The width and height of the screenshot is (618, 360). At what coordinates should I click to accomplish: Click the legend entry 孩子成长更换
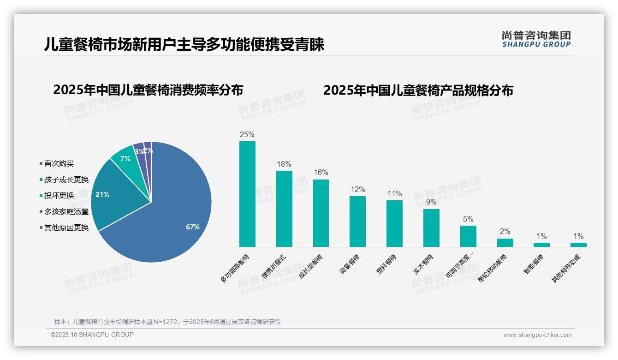[x=66, y=180]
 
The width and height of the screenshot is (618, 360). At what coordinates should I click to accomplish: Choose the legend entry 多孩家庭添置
[x=66, y=211]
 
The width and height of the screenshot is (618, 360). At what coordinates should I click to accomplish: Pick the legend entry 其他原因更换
[x=66, y=227]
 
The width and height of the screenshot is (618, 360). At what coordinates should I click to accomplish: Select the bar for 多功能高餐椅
[x=247, y=194]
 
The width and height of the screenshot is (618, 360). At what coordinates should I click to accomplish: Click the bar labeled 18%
[x=284, y=209]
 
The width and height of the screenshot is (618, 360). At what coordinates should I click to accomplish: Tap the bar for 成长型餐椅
[x=321, y=213]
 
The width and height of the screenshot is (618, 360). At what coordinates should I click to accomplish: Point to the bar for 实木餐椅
[x=431, y=228]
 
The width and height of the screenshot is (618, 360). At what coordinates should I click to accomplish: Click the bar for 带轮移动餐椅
[x=505, y=242]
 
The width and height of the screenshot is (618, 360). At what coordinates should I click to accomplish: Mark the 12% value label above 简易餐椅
[x=357, y=189]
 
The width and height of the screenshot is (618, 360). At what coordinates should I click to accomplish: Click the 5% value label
[x=468, y=219]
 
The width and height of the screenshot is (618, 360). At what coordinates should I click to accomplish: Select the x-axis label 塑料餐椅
[x=386, y=264]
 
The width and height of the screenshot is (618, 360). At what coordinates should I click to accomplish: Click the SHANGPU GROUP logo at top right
[x=536, y=39]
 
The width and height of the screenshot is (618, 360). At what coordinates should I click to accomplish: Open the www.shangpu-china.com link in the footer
[x=537, y=335]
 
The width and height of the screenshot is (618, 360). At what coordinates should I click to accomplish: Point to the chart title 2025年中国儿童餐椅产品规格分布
[x=418, y=90]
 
